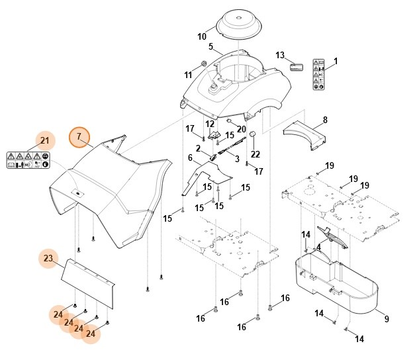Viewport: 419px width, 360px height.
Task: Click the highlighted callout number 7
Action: [x=79, y=137]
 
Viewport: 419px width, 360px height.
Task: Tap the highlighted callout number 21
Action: [x=45, y=140]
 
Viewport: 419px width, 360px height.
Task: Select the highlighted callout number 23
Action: [x=48, y=258]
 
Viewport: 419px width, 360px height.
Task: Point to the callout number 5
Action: [x=210, y=47]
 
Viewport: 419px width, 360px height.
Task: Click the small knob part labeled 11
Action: [x=205, y=64]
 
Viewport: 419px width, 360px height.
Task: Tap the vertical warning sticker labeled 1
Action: [x=318, y=78]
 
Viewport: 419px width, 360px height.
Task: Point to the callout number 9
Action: [x=386, y=320]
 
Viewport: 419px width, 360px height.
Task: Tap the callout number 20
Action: [x=242, y=128]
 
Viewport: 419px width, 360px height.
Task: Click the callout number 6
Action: [x=191, y=157]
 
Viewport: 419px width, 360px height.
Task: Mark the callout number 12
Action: [x=210, y=124]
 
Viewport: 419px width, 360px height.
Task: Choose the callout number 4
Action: [x=318, y=247]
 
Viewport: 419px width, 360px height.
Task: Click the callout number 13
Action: [x=280, y=55]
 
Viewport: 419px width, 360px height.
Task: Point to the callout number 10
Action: [x=202, y=36]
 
